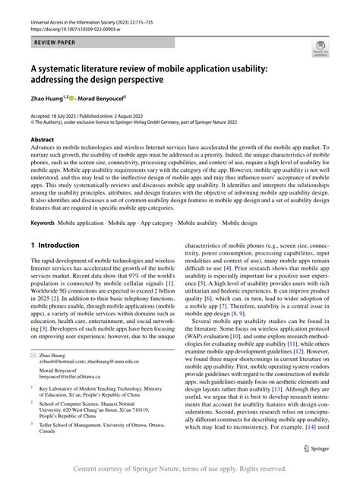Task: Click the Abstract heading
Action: [x=42, y=140]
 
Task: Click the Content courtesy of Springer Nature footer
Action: [x=180, y=470]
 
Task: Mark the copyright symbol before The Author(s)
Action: [x=32, y=120]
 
